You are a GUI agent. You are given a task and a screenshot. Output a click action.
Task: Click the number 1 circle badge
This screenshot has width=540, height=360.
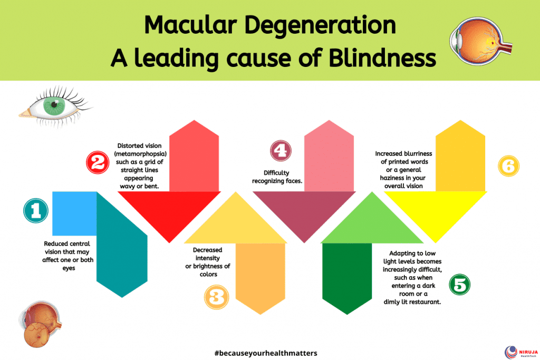tap(36, 211)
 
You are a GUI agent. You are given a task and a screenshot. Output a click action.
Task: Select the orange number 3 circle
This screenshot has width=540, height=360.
tap(216, 297)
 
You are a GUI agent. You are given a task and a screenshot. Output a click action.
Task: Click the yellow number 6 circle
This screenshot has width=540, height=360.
tap(508, 167)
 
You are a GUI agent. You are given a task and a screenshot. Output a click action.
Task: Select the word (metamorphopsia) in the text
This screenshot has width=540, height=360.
tap(140, 154)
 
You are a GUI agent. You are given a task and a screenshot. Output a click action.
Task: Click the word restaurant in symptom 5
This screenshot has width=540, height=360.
tap(425, 301)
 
